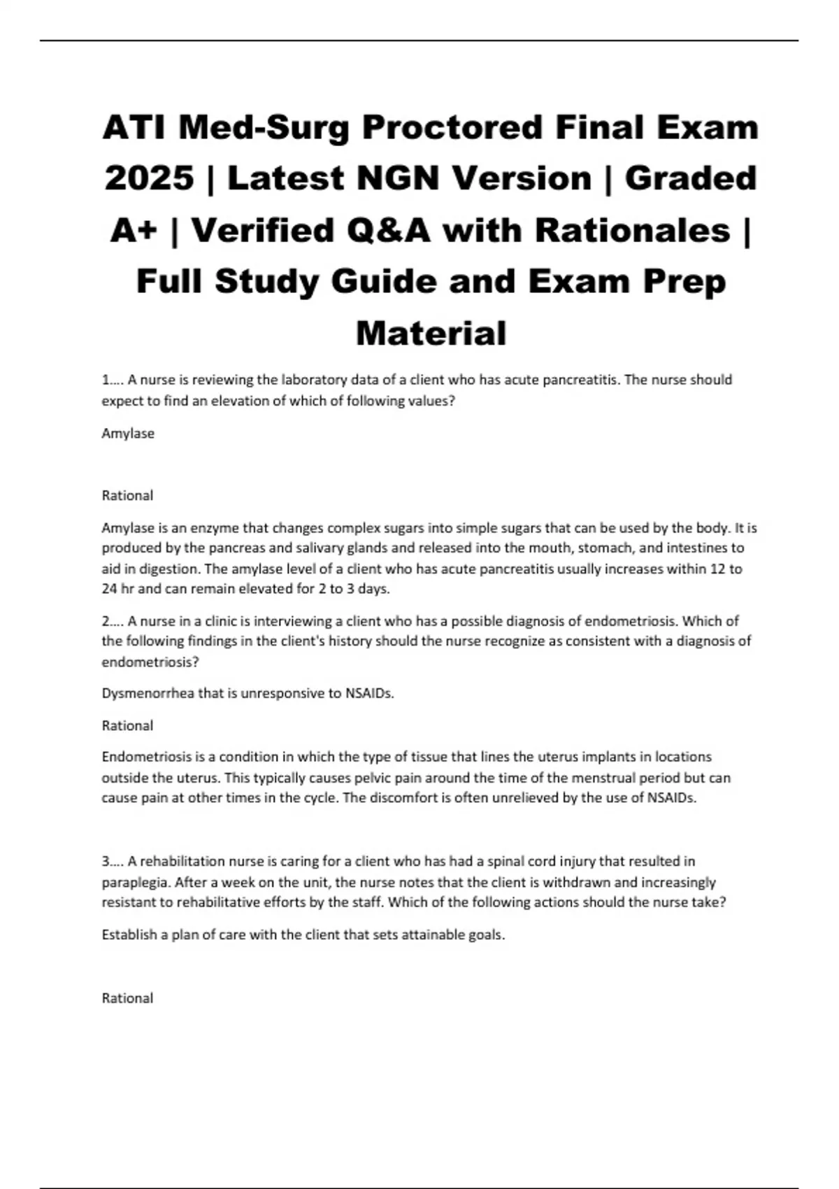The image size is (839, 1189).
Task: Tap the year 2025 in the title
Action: coord(149,178)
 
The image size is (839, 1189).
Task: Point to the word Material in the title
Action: coord(431,333)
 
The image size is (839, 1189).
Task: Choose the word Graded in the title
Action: coord(690,178)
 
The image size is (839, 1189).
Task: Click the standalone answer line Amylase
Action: coord(128,434)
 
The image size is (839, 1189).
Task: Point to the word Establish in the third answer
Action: coord(129,934)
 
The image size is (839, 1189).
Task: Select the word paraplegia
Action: coord(136,882)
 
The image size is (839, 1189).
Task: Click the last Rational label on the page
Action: coord(127,998)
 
